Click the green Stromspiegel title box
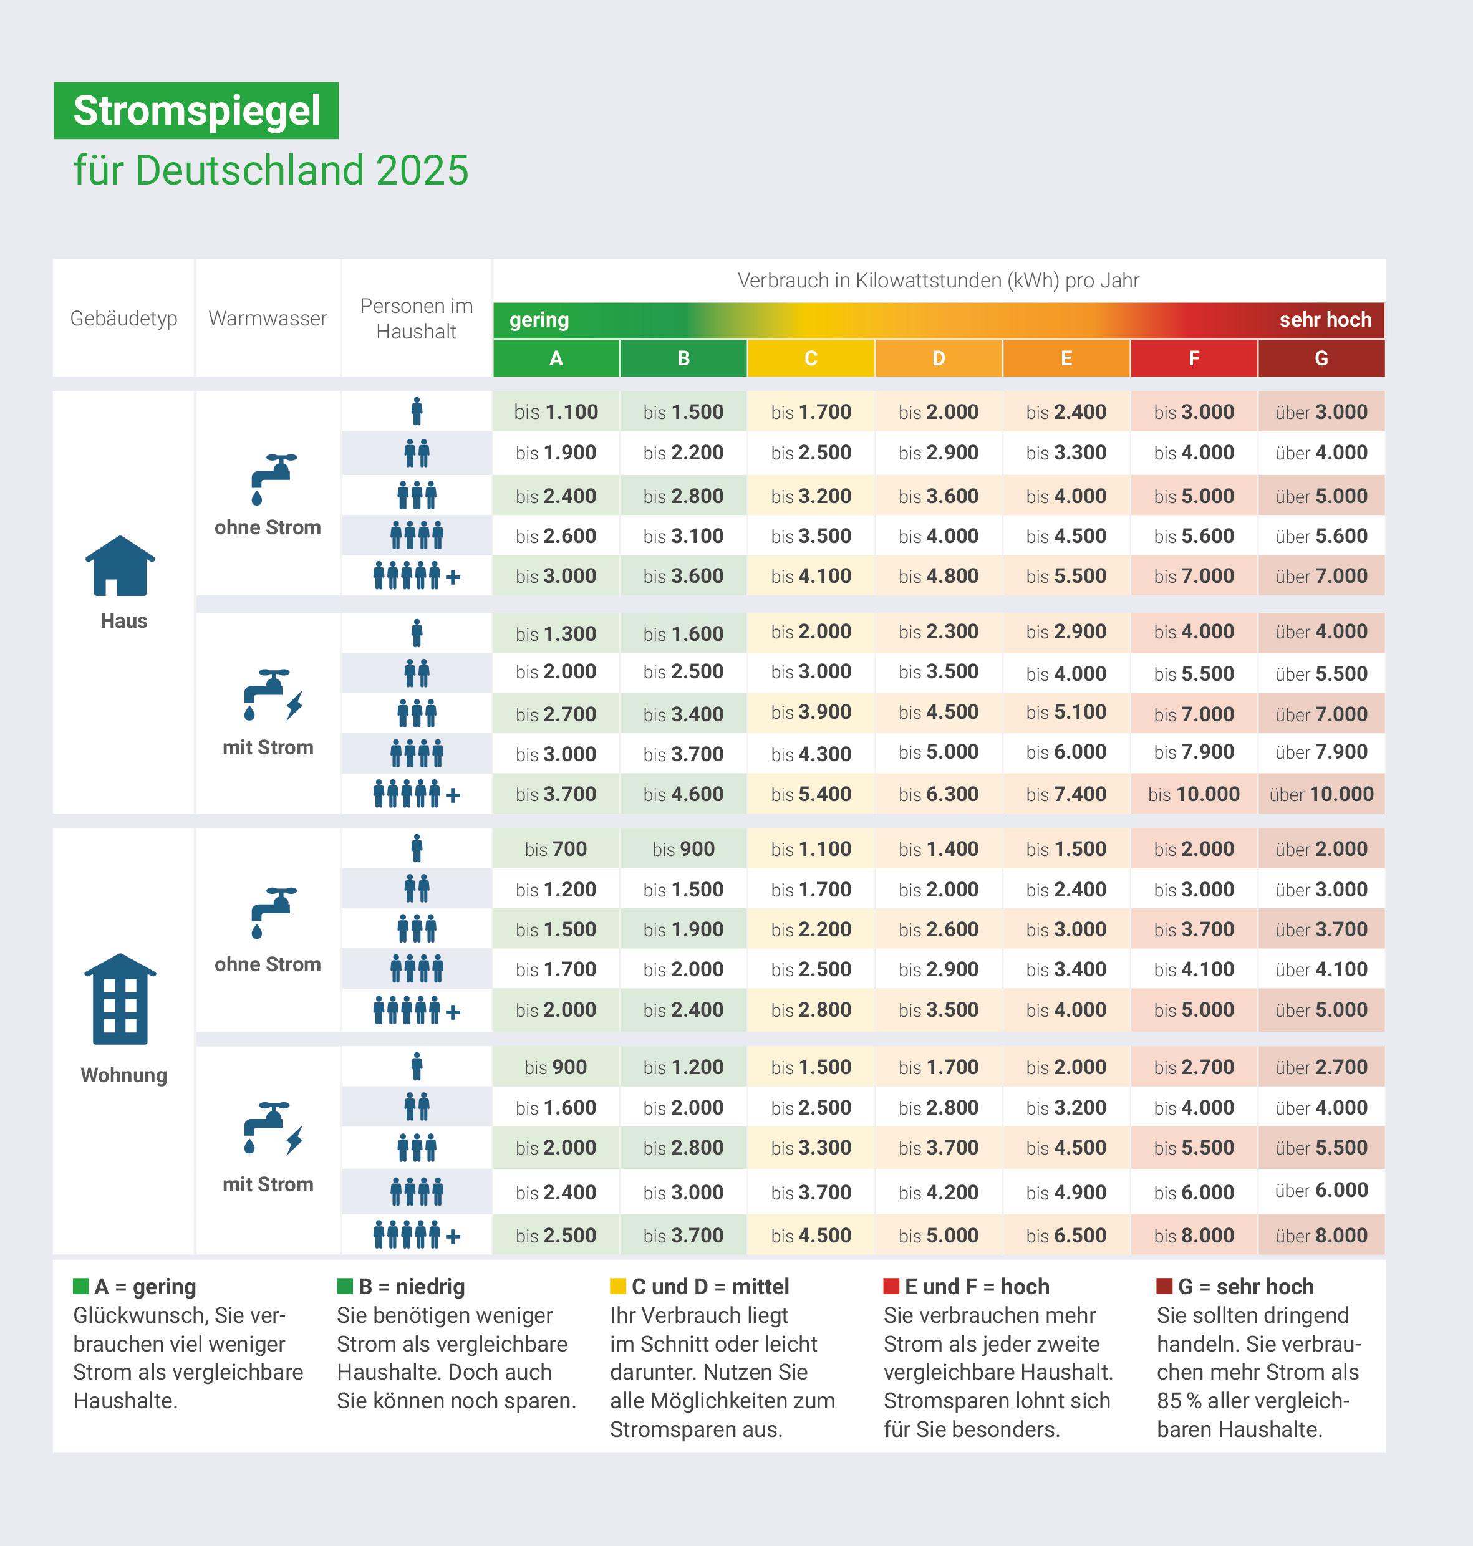(196, 111)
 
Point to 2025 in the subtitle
(422, 170)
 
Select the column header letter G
(1321, 358)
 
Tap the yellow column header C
(811, 358)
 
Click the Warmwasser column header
(268, 319)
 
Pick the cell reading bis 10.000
(1194, 794)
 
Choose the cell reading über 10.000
(1321, 794)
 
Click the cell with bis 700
(556, 849)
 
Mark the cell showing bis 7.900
(1194, 752)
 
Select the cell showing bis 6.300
(939, 794)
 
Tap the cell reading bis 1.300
(556, 633)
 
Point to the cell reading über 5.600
(1321, 537)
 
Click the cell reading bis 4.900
(1066, 1192)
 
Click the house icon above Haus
(120, 566)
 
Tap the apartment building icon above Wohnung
(120, 999)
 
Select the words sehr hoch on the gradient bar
(1325, 320)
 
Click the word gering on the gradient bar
(539, 320)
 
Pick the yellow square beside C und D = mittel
(618, 1286)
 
